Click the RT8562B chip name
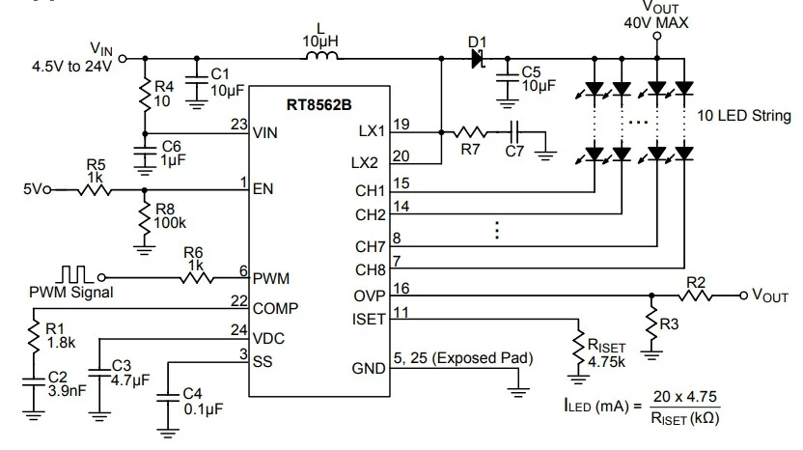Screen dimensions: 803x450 pyautogui.click(x=319, y=105)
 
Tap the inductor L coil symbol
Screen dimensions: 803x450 pyautogui.click(x=322, y=55)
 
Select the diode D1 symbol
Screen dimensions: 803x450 pyautogui.click(x=478, y=59)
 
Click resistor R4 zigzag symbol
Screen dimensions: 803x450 pyautogui.click(x=145, y=95)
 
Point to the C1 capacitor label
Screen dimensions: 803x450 pyautogui.click(x=221, y=73)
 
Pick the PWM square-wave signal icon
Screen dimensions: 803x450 pyautogui.click(x=74, y=274)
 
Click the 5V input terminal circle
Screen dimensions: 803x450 pyautogui.click(x=47, y=190)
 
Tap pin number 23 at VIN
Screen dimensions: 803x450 pyautogui.click(x=239, y=124)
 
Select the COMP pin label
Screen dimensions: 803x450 pyautogui.click(x=275, y=309)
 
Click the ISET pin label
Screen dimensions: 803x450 pyautogui.click(x=369, y=320)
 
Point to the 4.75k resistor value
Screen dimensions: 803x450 pyautogui.click(x=606, y=362)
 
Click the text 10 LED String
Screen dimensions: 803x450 pyautogui.click(x=744, y=116)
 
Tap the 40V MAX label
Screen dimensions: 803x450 pyautogui.click(x=656, y=22)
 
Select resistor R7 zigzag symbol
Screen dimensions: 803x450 pyautogui.click(x=470, y=132)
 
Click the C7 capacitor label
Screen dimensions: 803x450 pyautogui.click(x=514, y=152)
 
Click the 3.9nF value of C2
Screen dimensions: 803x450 pyautogui.click(x=68, y=391)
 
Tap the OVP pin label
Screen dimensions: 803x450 pyautogui.click(x=370, y=295)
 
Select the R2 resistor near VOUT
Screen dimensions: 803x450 pyautogui.click(x=696, y=295)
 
